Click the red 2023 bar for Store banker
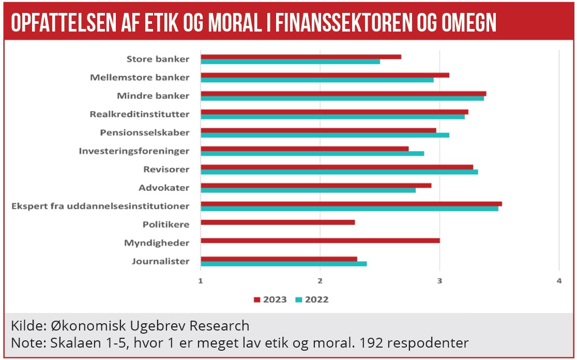pyautogui.click(x=300, y=57)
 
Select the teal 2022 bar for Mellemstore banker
pyautogui.click(x=317, y=80)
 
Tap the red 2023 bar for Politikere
pyautogui.click(x=278, y=222)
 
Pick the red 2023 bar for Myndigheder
pyautogui.click(x=320, y=241)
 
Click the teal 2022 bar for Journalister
pyautogui.click(x=283, y=264)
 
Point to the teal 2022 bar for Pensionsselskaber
pyautogui.click(x=325, y=135)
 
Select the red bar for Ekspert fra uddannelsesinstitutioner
pyautogui.click(x=351, y=204)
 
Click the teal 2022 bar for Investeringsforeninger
pyautogui.click(x=312, y=154)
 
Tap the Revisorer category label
pyautogui.click(x=166, y=169)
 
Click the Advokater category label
pyautogui.click(x=164, y=188)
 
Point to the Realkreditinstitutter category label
pyautogui.click(x=139, y=114)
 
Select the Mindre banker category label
pyautogui.click(x=153, y=96)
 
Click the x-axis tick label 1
pyautogui.click(x=201, y=281)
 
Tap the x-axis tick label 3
pyautogui.click(x=439, y=281)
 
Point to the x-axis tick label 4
pyautogui.click(x=559, y=281)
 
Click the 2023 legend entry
pyautogui.click(x=270, y=299)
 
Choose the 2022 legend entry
pyautogui.click(x=312, y=299)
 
